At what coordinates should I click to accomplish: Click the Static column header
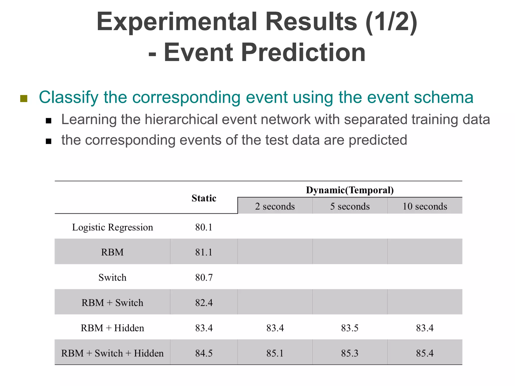[x=204, y=198]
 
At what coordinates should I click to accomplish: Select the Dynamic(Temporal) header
[x=350, y=190]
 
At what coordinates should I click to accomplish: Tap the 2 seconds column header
[x=275, y=206]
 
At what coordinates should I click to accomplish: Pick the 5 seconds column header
[x=350, y=206]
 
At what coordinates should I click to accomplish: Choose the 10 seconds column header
[x=425, y=206]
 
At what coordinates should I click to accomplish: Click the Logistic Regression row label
[x=112, y=227]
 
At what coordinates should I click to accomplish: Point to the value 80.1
[x=204, y=227]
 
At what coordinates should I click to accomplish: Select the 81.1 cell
[x=204, y=252]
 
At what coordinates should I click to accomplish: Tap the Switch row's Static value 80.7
[x=204, y=277]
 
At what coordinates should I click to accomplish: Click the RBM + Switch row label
[x=112, y=303]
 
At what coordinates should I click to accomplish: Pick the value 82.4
[x=204, y=303]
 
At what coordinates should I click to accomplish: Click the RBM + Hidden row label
[x=112, y=328]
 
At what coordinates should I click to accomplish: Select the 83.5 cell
[x=350, y=328]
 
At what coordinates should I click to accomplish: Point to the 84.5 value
[x=204, y=353]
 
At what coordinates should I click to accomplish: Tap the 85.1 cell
[x=275, y=353]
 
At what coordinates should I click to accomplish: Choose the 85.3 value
[x=350, y=353]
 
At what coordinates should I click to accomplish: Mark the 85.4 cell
[x=425, y=353]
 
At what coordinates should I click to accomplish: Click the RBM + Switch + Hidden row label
[x=112, y=353]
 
